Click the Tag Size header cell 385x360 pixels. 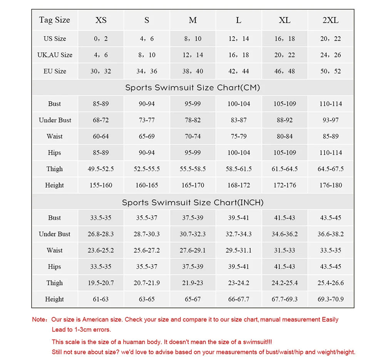[x=54, y=20]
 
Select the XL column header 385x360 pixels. [x=285, y=20]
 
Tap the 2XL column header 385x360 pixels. [x=330, y=20]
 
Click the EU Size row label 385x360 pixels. [x=55, y=71]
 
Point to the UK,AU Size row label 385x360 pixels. [x=55, y=55]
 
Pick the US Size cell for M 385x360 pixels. [x=192, y=39]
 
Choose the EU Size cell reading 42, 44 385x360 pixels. [x=239, y=71]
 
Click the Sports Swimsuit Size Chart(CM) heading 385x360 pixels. [x=192, y=88]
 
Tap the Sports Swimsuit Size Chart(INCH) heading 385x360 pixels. [x=192, y=202]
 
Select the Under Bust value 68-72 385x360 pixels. [x=100, y=120]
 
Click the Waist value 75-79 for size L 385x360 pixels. [x=239, y=137]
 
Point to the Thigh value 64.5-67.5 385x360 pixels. [x=330, y=169]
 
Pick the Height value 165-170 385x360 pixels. [x=192, y=185]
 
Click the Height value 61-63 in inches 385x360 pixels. [x=100, y=299]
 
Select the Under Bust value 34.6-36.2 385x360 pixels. [x=285, y=234]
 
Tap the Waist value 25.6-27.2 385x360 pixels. [x=147, y=250]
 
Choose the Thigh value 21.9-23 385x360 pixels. [x=192, y=283]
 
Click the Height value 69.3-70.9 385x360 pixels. [x=330, y=299]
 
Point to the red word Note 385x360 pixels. [x=39, y=320]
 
